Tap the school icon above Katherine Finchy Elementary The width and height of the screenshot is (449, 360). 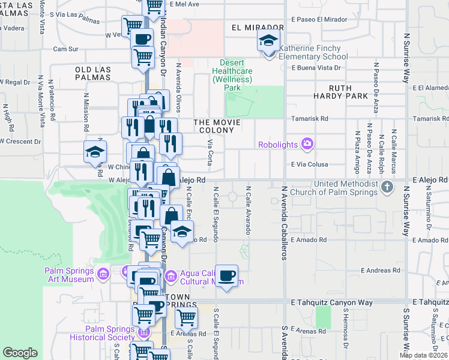click(x=268, y=41)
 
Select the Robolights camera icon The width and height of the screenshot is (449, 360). click(x=308, y=144)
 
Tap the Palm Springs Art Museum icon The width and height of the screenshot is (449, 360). click(x=103, y=274)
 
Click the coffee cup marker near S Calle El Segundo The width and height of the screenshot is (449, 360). click(x=226, y=276)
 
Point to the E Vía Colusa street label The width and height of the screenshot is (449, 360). click(x=309, y=164)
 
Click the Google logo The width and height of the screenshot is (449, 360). click(x=20, y=353)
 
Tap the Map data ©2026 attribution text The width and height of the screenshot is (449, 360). click(x=424, y=355)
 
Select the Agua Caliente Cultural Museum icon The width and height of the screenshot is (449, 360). click(x=170, y=276)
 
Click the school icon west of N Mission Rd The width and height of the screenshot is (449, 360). click(x=95, y=152)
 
